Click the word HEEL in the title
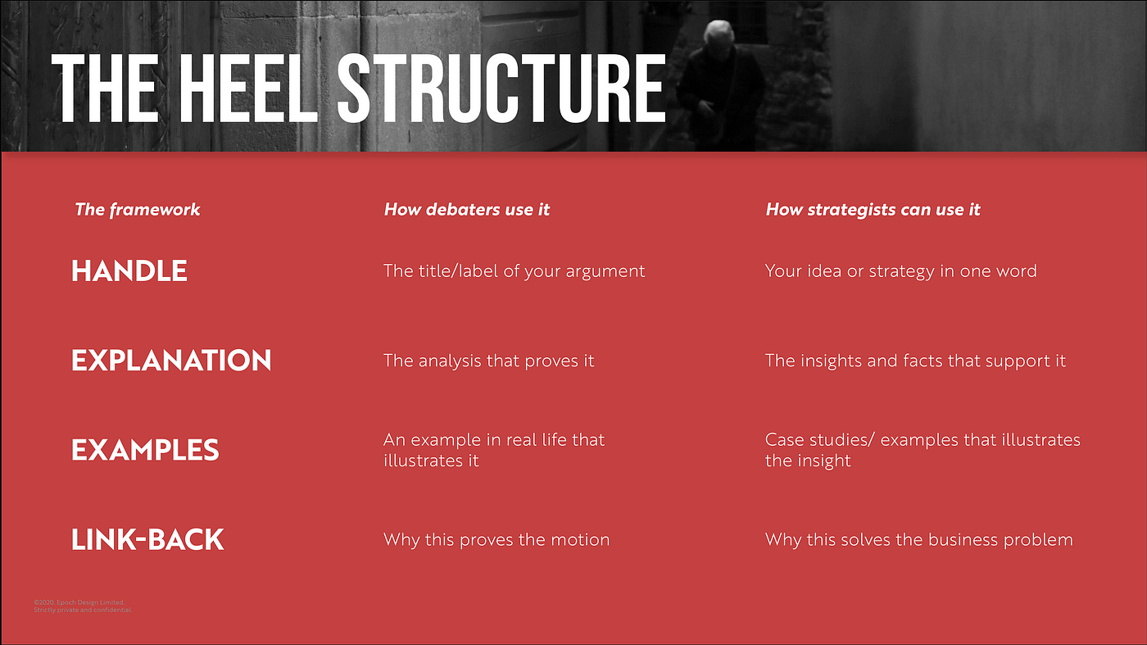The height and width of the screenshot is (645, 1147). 248,89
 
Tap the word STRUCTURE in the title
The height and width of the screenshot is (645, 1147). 501,89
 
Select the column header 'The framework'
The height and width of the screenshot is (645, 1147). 138,210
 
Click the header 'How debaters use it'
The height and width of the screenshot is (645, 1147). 466,210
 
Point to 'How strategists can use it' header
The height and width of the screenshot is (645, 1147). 873,210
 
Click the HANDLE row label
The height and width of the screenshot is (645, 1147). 129,271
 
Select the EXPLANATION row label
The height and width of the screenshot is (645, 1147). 171,360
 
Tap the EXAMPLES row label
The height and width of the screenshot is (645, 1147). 145,450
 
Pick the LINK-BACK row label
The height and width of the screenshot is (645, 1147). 147,539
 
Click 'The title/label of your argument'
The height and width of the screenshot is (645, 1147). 515,271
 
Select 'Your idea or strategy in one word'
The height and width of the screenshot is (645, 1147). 900,271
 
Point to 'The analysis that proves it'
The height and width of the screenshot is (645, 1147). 488,361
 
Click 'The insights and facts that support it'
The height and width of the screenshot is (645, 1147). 915,361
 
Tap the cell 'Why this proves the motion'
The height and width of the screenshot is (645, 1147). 496,539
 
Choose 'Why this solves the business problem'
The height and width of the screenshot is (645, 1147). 918,539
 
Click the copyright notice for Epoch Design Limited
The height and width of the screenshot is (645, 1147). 83,606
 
